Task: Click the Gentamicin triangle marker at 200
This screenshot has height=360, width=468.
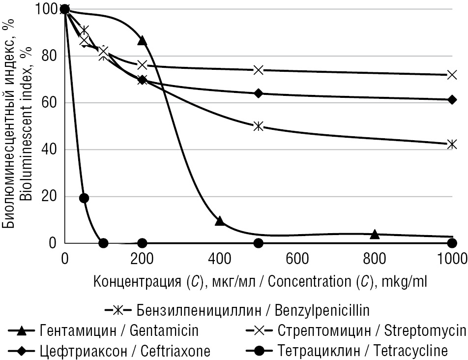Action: pos(142,40)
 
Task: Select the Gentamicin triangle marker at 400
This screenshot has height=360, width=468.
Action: pos(220,221)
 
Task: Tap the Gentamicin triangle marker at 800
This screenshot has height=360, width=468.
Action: pos(375,234)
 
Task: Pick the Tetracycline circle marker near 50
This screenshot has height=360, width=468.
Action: pos(84,198)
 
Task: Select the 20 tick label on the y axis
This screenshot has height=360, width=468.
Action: pos(51,196)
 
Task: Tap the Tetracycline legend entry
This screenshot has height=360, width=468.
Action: pos(363,351)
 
